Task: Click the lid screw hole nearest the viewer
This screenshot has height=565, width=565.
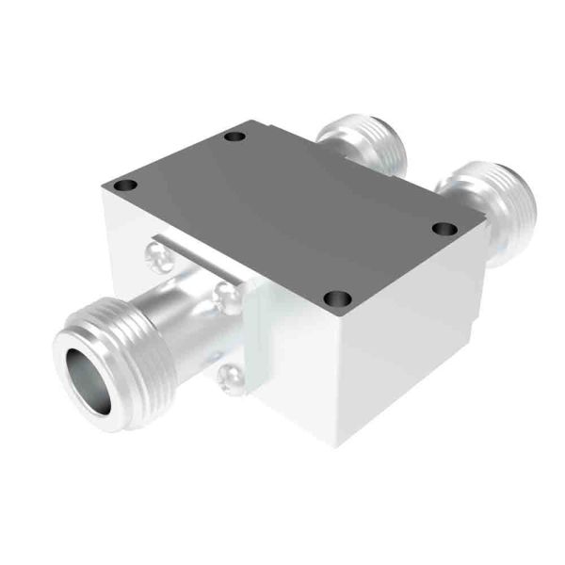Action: [x=337, y=299]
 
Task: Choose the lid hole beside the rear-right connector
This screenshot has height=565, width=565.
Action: [x=444, y=228]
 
